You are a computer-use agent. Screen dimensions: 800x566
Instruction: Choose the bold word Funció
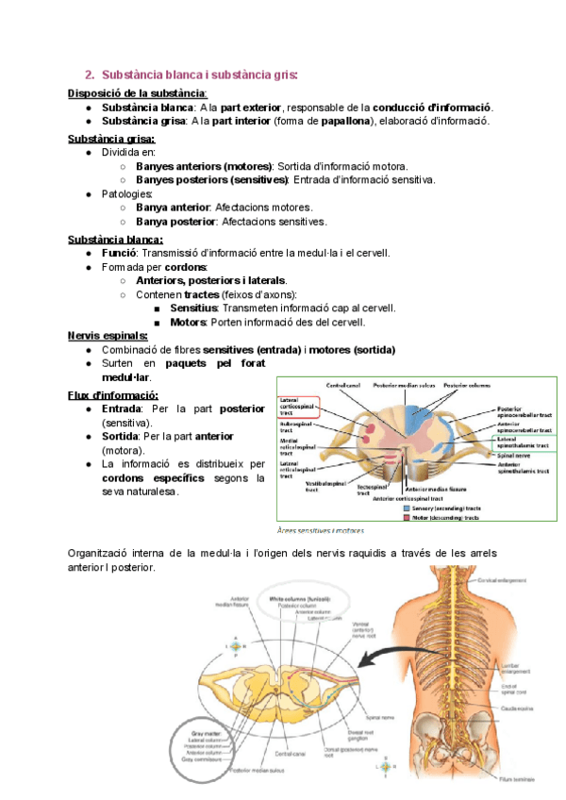[x=119, y=253]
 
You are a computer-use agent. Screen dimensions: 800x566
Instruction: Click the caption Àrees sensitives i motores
[x=314, y=531]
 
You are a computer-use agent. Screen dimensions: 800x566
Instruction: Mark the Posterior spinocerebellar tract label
[x=524, y=412]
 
